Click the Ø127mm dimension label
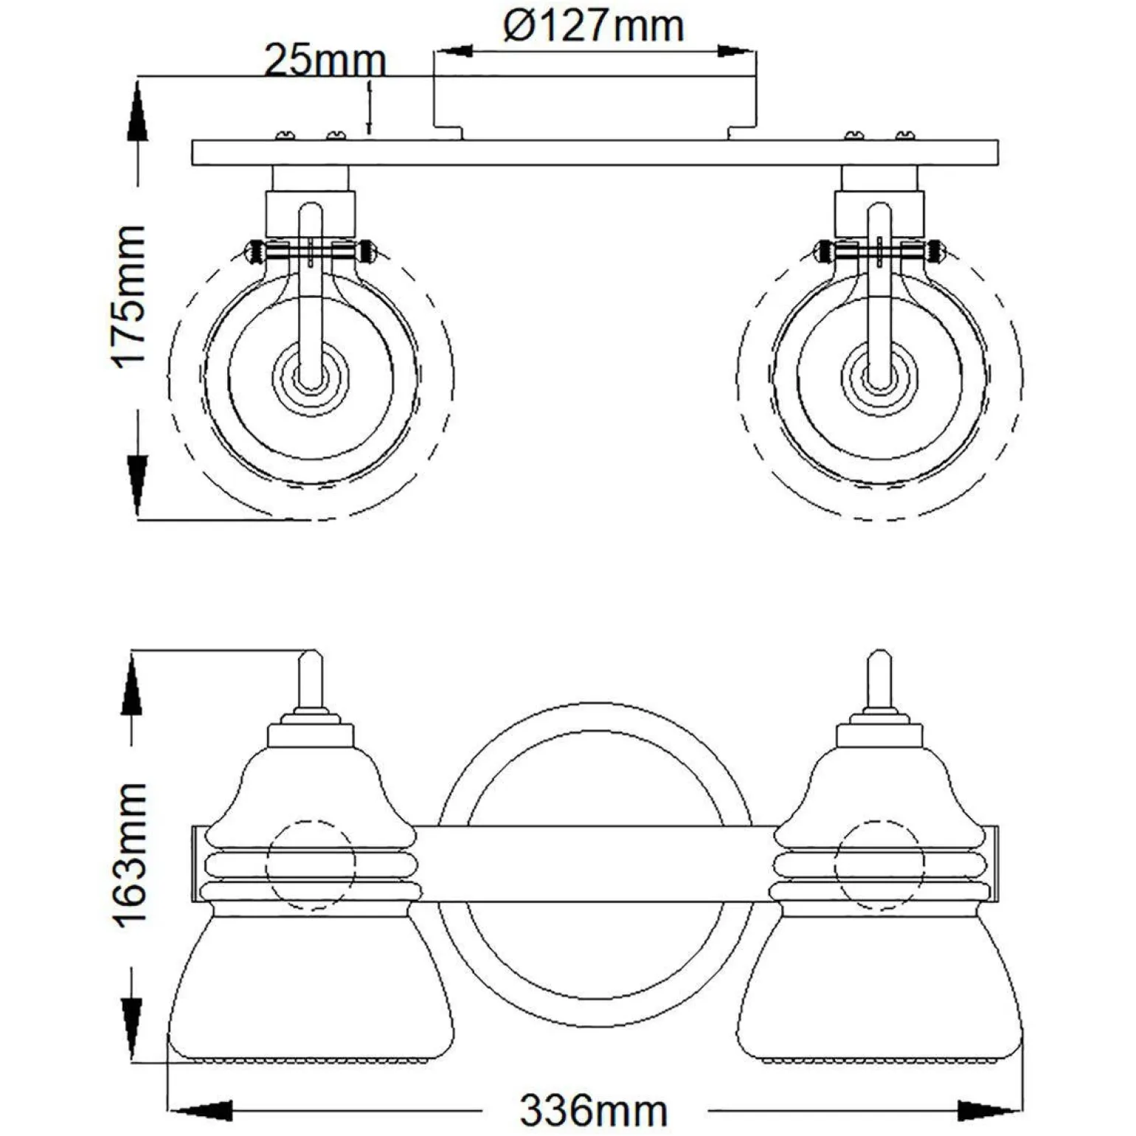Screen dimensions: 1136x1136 click(594, 27)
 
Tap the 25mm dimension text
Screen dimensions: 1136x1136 click(325, 60)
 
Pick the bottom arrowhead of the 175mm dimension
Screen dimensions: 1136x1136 click(137, 484)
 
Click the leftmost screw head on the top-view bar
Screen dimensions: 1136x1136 click(285, 135)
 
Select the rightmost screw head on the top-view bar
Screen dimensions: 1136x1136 click(905, 135)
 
